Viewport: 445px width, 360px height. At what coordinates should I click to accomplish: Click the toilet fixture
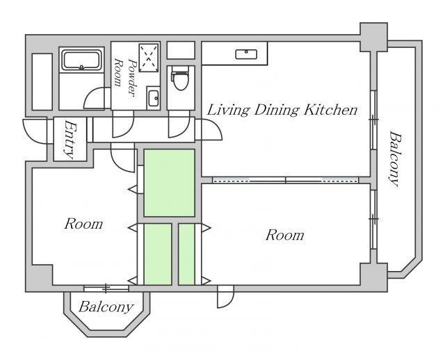[180, 78]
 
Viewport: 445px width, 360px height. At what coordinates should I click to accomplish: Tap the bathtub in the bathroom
[81, 60]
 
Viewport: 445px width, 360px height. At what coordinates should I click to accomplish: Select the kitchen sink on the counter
[246, 54]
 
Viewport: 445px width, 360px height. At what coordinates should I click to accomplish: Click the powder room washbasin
[153, 98]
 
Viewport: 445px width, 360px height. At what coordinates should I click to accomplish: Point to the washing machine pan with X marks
[148, 58]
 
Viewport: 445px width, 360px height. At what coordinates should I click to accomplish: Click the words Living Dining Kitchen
[282, 110]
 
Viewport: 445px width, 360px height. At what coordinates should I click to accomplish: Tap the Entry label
[70, 139]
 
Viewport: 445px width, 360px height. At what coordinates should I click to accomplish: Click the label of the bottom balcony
[106, 306]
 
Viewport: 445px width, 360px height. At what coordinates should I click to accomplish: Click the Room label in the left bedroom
[83, 224]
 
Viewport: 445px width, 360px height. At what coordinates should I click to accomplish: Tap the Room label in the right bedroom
[284, 235]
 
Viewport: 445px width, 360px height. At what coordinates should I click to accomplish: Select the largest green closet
[169, 183]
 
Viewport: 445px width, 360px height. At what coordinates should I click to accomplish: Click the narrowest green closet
[186, 254]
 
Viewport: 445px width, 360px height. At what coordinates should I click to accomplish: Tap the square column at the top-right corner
[374, 37]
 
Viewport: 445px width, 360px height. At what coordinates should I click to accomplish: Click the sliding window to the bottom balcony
[106, 288]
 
